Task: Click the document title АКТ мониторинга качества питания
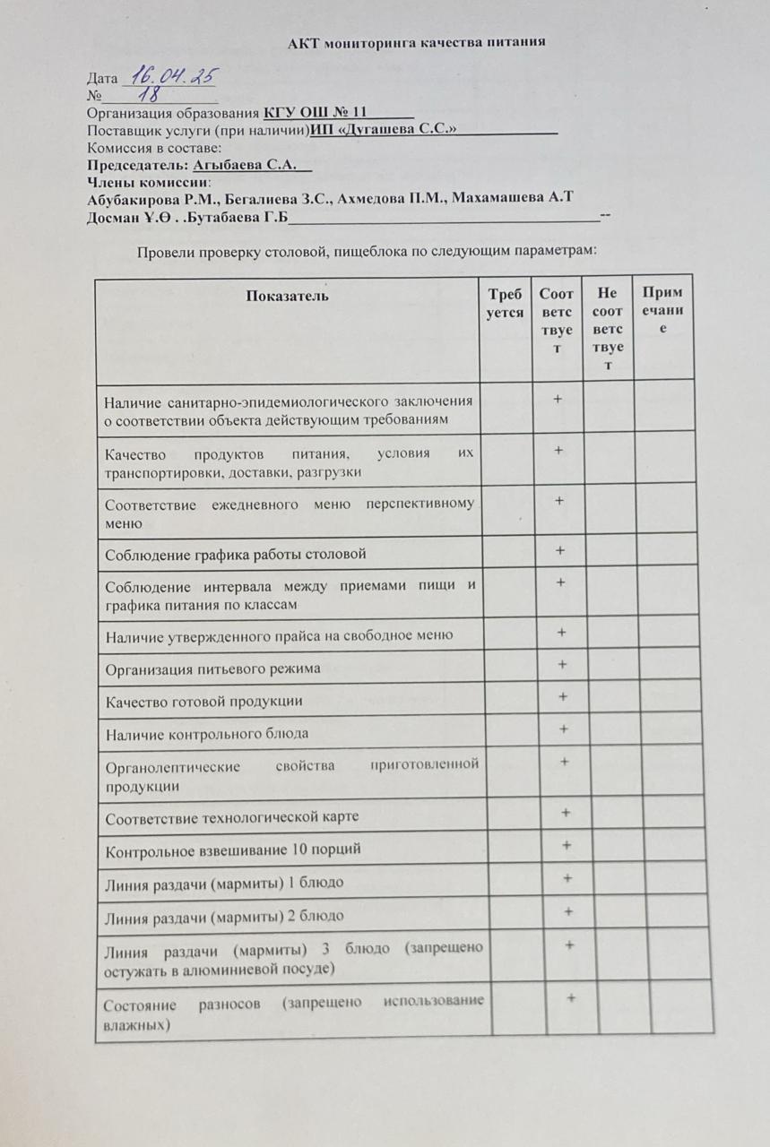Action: point(417,42)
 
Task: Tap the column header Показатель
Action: point(288,296)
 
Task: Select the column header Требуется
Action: point(505,303)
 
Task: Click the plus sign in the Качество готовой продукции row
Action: point(563,695)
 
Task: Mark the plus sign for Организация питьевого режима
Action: point(562,664)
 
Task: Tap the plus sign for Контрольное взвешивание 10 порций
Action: point(566,845)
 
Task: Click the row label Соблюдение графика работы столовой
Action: point(236,554)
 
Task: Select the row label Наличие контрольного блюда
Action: point(207,734)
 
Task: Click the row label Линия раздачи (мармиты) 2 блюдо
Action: point(225,917)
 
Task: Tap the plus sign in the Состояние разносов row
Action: point(571,996)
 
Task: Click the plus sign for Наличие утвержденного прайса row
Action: point(561,632)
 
